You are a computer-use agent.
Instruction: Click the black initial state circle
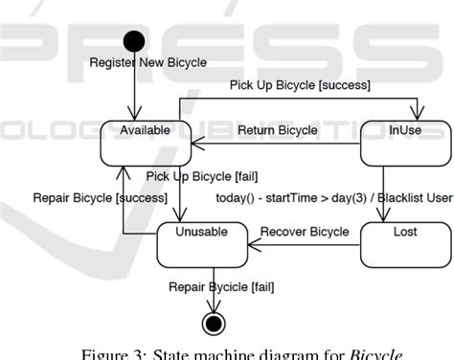click(x=134, y=41)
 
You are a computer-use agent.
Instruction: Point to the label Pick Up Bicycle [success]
click(x=300, y=85)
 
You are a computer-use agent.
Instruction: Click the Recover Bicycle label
click(x=305, y=232)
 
